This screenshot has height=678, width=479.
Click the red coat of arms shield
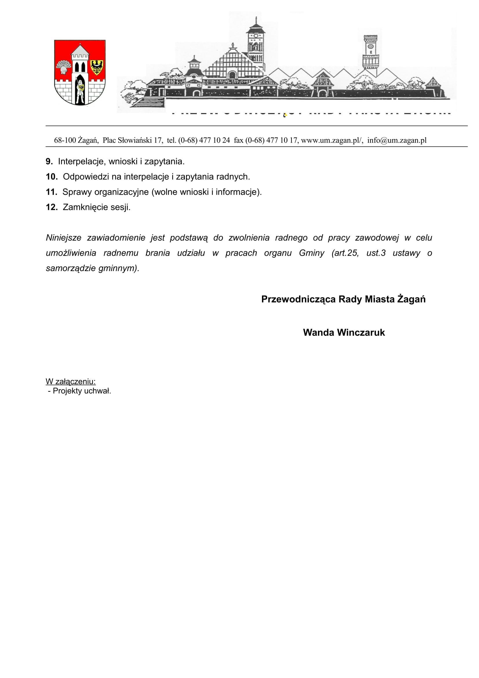pos(80,72)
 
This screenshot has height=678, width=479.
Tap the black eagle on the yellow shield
pos(96,67)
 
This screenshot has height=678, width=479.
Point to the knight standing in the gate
pos(80,90)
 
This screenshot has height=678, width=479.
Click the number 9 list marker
pos(49,161)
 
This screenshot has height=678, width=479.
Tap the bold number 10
pos(51,177)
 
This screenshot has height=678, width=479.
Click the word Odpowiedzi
pos(85,177)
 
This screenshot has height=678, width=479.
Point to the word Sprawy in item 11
pos(77,192)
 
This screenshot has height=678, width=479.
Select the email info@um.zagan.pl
pos(397,140)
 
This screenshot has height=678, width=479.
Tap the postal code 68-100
pos(65,140)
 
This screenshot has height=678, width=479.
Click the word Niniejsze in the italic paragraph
pos(63,238)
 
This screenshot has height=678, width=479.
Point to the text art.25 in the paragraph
pos(345,253)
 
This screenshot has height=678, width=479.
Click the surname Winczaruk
pos(361,332)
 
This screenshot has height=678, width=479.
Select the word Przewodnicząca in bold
pos(298,299)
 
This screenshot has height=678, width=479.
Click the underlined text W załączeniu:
pos(70,381)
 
